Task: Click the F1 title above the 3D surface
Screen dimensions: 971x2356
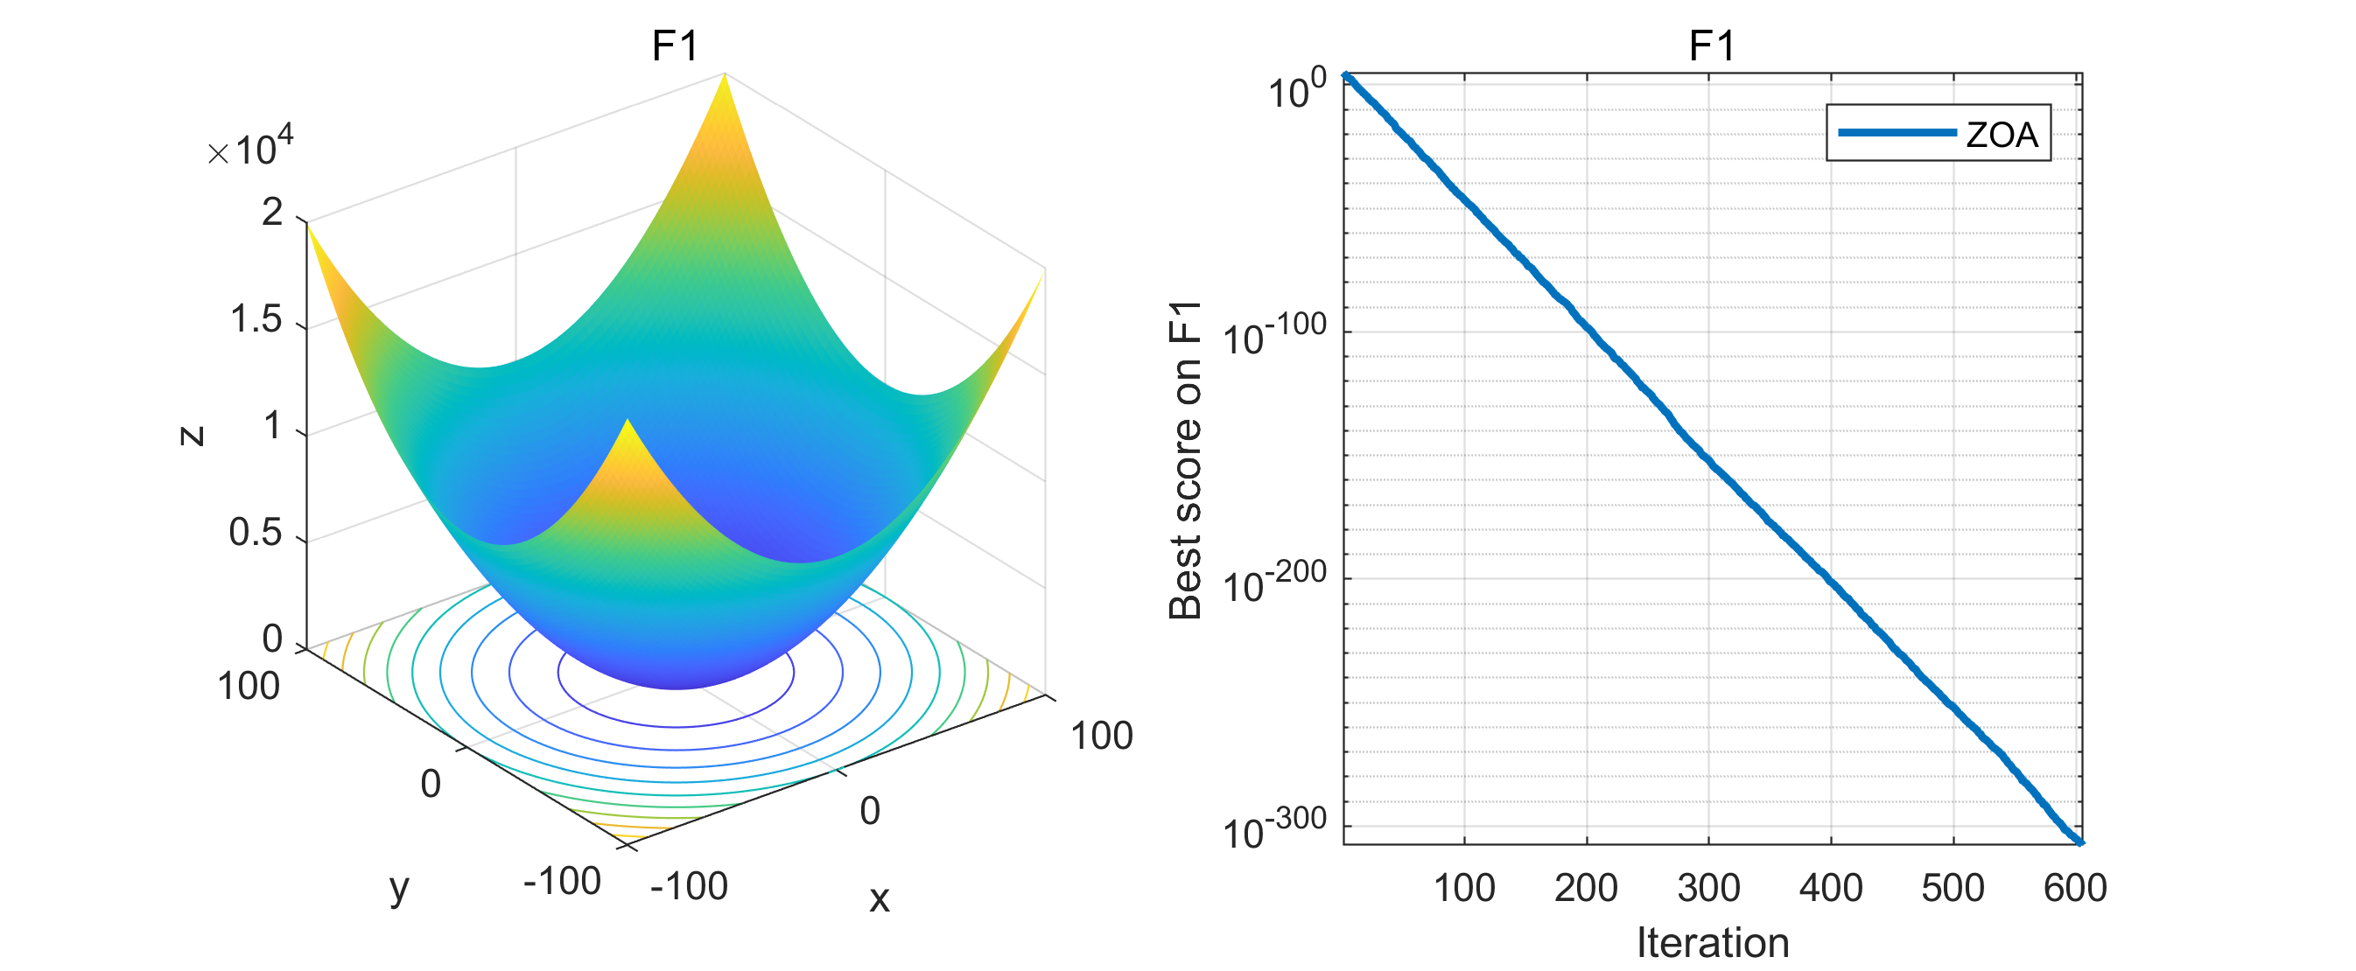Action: (675, 45)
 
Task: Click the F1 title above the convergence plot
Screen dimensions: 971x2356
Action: (1711, 45)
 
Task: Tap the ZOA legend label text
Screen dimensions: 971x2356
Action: (2002, 136)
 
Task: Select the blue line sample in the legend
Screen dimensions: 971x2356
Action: (1896, 133)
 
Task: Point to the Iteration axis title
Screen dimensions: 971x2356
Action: (1712, 943)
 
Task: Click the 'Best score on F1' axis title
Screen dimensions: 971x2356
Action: (1185, 460)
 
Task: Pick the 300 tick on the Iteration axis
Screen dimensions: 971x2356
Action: (1708, 888)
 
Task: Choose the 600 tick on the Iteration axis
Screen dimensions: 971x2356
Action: (2075, 888)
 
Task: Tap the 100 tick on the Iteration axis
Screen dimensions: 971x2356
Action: (1464, 888)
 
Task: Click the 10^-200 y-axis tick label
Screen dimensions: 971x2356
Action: (1274, 583)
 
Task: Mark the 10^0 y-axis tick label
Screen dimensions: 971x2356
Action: (1297, 88)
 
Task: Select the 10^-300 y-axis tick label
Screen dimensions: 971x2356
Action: (1274, 829)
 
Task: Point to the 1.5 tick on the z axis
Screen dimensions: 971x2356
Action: (256, 320)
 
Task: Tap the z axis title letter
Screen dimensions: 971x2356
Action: (191, 436)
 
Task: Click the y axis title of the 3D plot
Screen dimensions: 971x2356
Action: (400, 887)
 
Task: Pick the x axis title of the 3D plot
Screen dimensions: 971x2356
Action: (879, 899)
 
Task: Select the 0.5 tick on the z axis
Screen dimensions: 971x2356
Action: (256, 533)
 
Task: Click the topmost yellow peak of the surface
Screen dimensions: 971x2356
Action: (725, 77)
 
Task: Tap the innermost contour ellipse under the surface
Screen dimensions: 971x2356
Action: (676, 725)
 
